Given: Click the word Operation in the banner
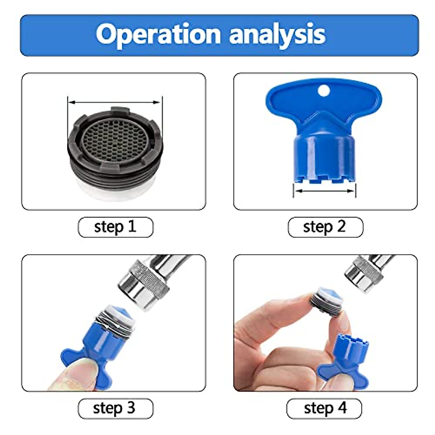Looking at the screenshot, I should (158, 34).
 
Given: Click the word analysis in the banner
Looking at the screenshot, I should (277, 34).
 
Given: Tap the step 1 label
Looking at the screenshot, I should (115, 227).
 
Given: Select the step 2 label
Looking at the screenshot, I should (325, 227).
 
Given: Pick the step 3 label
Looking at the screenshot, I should (115, 409).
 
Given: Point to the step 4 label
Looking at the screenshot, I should (324, 409).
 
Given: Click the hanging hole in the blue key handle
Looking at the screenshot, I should (324, 91).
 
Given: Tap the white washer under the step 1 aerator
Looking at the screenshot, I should (115, 190).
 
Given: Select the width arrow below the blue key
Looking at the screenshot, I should (324, 190).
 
